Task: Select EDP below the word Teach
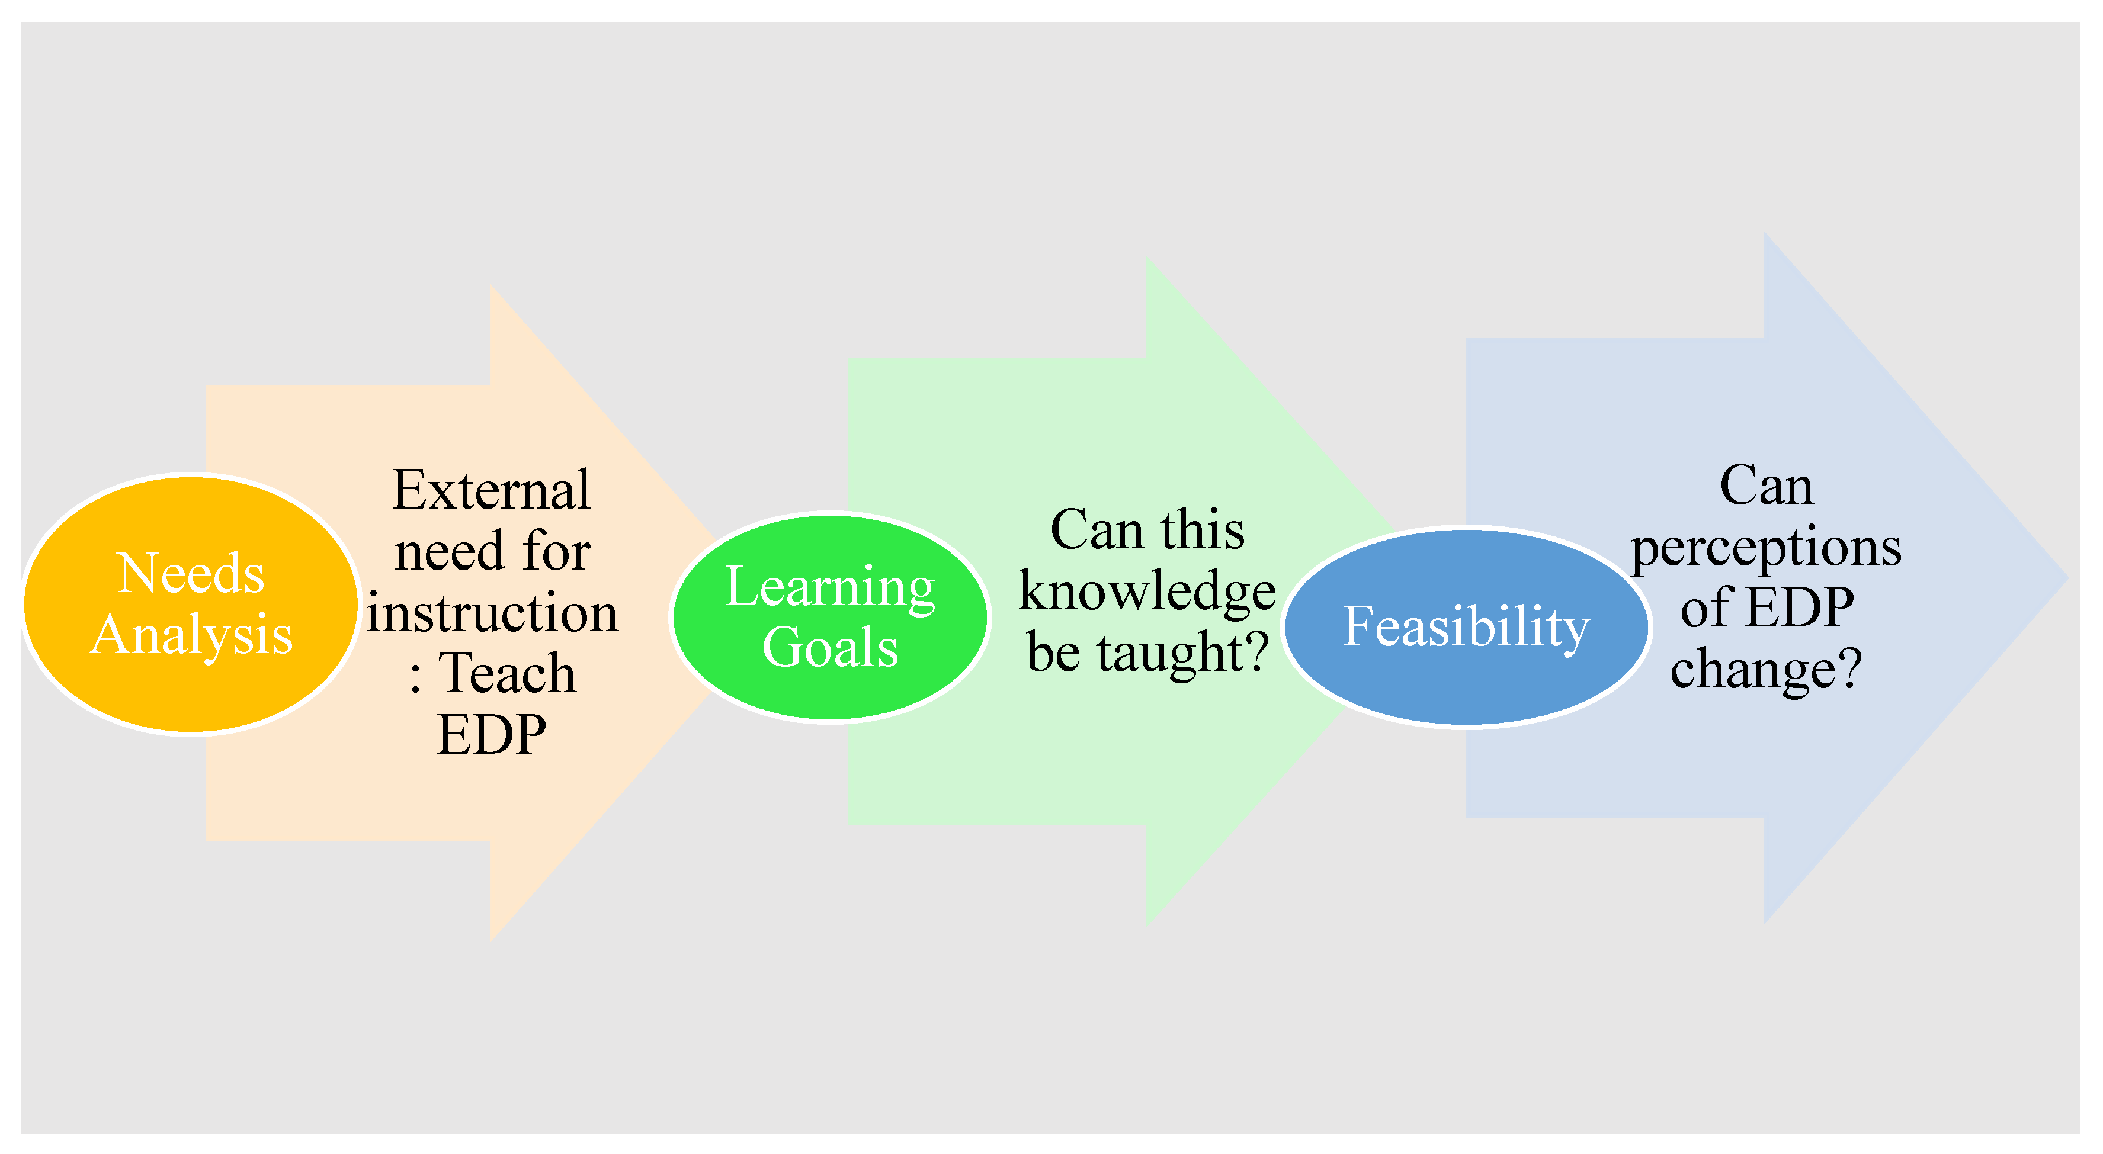492,735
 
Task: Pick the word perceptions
1766,547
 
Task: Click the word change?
1766,669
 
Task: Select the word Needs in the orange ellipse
191,573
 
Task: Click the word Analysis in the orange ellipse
191,635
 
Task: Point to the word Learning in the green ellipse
829,587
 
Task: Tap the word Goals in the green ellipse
829,647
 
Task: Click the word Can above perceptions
1766,487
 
